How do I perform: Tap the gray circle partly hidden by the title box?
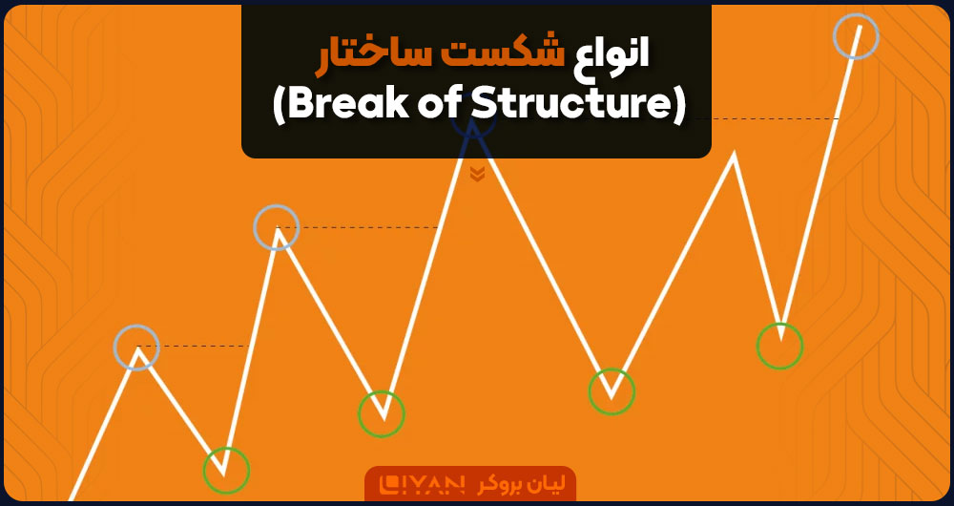click(473, 139)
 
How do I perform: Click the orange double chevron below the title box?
click(477, 175)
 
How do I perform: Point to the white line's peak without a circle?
click(734, 154)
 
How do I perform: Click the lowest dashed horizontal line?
click(194, 346)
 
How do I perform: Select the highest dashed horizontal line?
click(775, 118)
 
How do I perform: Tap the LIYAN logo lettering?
click(421, 484)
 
